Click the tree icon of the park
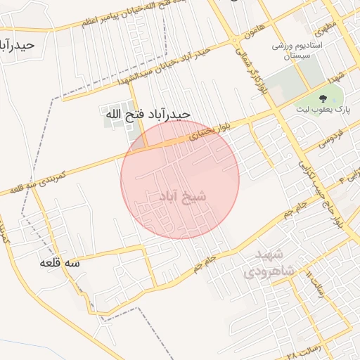323,98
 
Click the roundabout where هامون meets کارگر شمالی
233,41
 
